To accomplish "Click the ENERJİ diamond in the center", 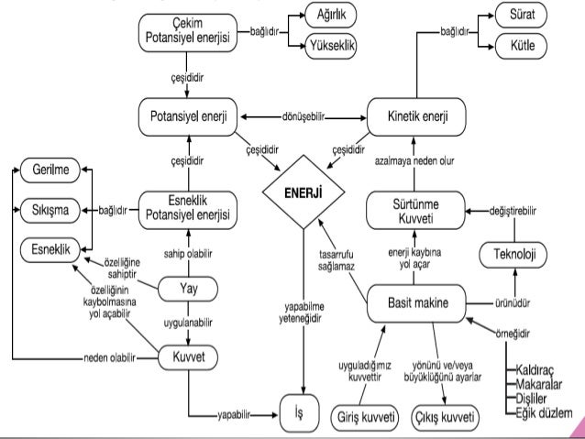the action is pos(304,192).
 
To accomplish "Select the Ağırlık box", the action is pos(331,15).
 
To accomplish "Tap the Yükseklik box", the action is pos(331,46).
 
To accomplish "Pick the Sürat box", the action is pos(521,15).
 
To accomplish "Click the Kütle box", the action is pos(521,46).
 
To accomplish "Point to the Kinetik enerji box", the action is pos(416,116).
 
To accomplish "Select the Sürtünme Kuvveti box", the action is pos(415,211).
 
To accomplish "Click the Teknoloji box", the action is pos(513,255).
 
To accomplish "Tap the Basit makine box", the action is pos(416,303).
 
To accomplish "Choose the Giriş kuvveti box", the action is pos(365,417).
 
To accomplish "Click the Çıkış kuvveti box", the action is pos(445,417).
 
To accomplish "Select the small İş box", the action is pos(300,413).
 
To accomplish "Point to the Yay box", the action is pos(188,289).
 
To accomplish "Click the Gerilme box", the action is pos(50,170).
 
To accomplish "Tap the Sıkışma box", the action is pos(50,211).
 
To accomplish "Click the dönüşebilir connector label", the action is pos(303,117).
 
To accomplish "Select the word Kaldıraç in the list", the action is pos(535,369).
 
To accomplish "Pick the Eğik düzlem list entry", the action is pos(544,413).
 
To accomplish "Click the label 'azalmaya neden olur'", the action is pos(414,161).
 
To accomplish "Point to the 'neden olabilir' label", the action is pos(109,358).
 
